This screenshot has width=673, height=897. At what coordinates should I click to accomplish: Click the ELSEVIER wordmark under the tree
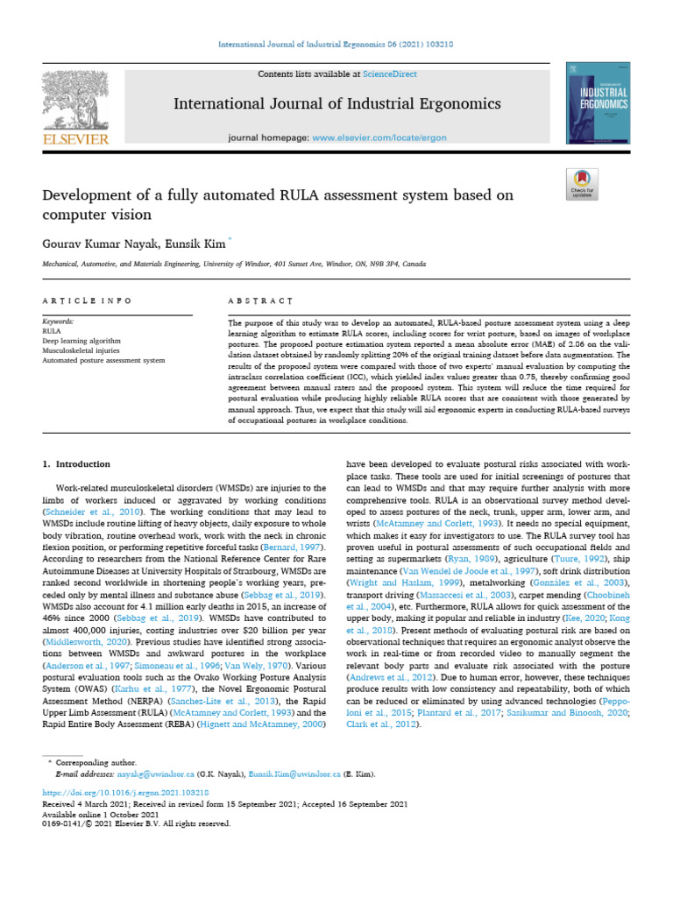[75, 139]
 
